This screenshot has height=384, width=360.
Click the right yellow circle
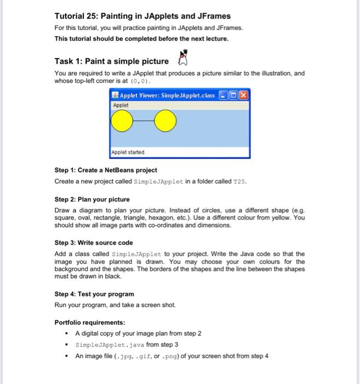[x=164, y=122]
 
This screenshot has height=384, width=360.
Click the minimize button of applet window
[x=222, y=95]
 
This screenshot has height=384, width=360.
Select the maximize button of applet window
[x=232, y=95]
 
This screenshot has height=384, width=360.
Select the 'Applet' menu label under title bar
[x=121, y=105]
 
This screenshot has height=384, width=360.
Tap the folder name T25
[x=241, y=181]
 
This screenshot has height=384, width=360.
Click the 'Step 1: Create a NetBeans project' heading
[x=106, y=170]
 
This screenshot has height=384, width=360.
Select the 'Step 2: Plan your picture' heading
[x=92, y=199]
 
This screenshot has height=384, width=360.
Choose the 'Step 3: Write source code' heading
[x=94, y=242]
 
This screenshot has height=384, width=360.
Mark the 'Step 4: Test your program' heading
[x=94, y=294]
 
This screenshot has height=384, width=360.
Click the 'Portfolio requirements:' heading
[x=90, y=322]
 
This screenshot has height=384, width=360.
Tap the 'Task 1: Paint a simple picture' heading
[x=112, y=61]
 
